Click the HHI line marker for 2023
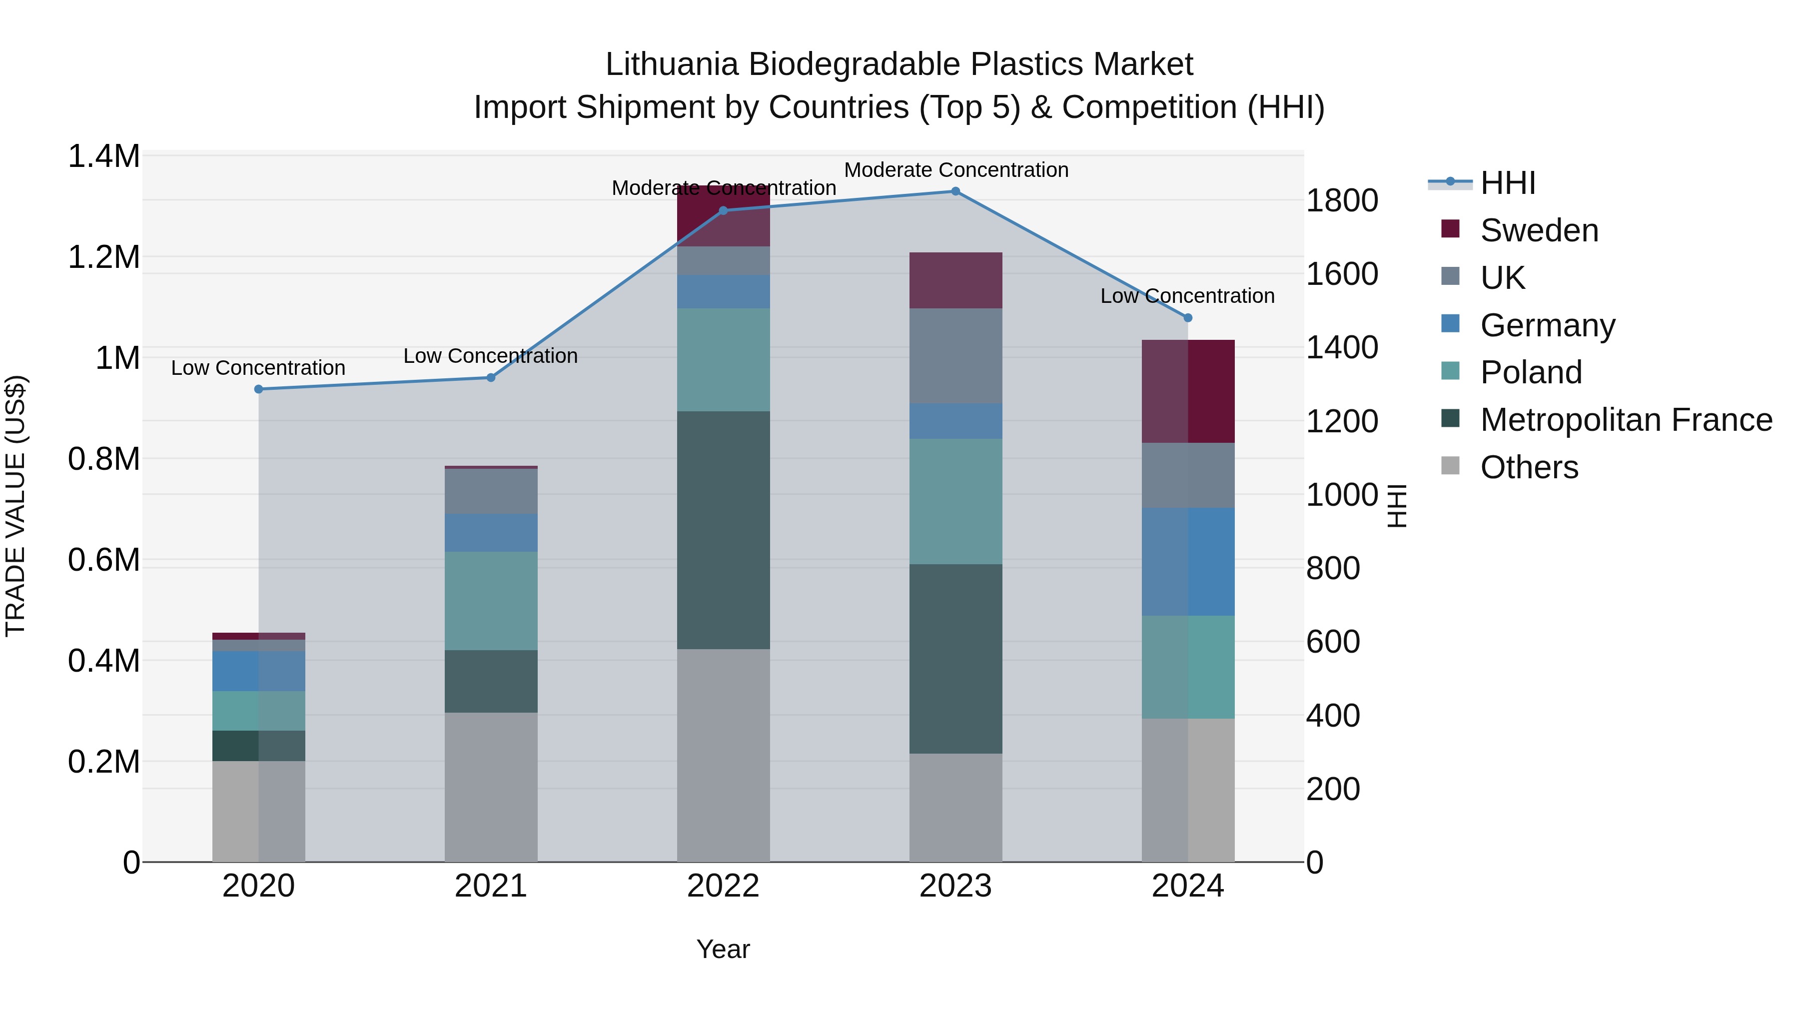pos(955,191)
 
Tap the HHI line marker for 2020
pos(258,389)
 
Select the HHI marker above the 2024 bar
pos(1188,318)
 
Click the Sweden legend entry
pos(1539,230)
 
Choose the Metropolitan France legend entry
pos(1626,420)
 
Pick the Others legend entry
pos(1529,467)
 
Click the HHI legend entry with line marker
pos(1507,183)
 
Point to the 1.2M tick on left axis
pos(103,257)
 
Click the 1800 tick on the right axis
pos(1342,200)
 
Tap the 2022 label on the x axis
pos(723,886)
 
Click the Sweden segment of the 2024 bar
pos(1188,391)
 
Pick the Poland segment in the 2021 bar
pos(491,601)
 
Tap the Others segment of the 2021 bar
pos(491,787)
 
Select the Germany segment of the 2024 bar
pos(1188,562)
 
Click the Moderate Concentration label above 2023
pos(955,170)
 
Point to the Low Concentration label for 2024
pos(1187,296)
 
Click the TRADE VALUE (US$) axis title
pos(15,506)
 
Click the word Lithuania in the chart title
pos(671,64)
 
